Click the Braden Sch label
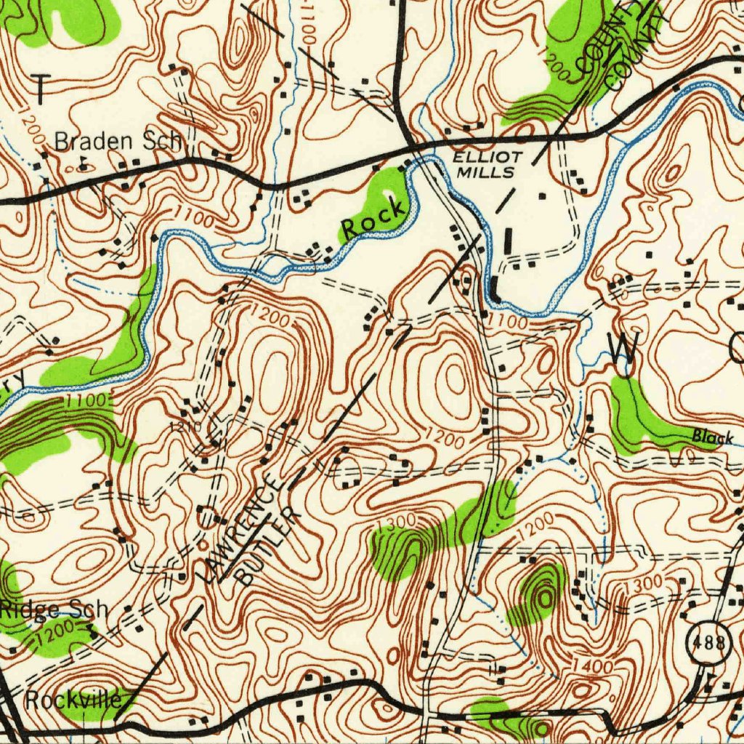point(118,141)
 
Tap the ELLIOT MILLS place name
point(488,165)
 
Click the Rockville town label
point(73,700)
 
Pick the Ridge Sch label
point(54,609)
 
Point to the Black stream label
point(713,437)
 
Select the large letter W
point(624,350)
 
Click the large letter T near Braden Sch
point(41,89)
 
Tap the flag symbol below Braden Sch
point(83,164)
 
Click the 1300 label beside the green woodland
point(397,521)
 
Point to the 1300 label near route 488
point(643,583)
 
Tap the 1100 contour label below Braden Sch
point(193,217)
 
